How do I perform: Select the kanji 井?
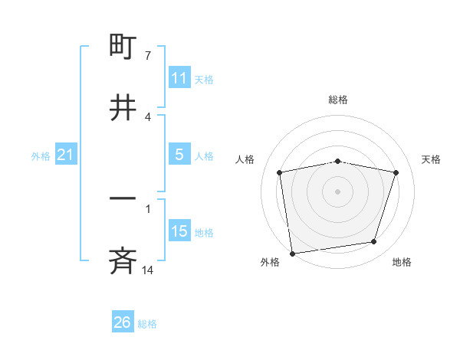click(123, 107)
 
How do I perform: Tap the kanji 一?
click(123, 200)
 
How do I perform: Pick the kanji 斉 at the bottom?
click(123, 262)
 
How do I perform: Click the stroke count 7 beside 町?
click(147, 56)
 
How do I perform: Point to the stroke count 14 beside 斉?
click(147, 270)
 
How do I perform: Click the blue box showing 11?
click(179, 78)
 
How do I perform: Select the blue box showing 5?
click(179, 155)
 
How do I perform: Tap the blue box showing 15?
click(179, 231)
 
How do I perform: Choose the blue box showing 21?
click(66, 155)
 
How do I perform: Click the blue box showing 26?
click(123, 322)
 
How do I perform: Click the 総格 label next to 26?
click(147, 324)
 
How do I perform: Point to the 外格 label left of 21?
click(41, 156)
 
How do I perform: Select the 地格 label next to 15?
click(204, 233)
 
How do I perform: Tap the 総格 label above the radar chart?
click(338, 100)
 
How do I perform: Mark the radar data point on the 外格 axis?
click(292, 253)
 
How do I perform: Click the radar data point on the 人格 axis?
click(280, 172)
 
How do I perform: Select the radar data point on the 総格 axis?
click(338, 161)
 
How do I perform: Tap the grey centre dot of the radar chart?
click(338, 191)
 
